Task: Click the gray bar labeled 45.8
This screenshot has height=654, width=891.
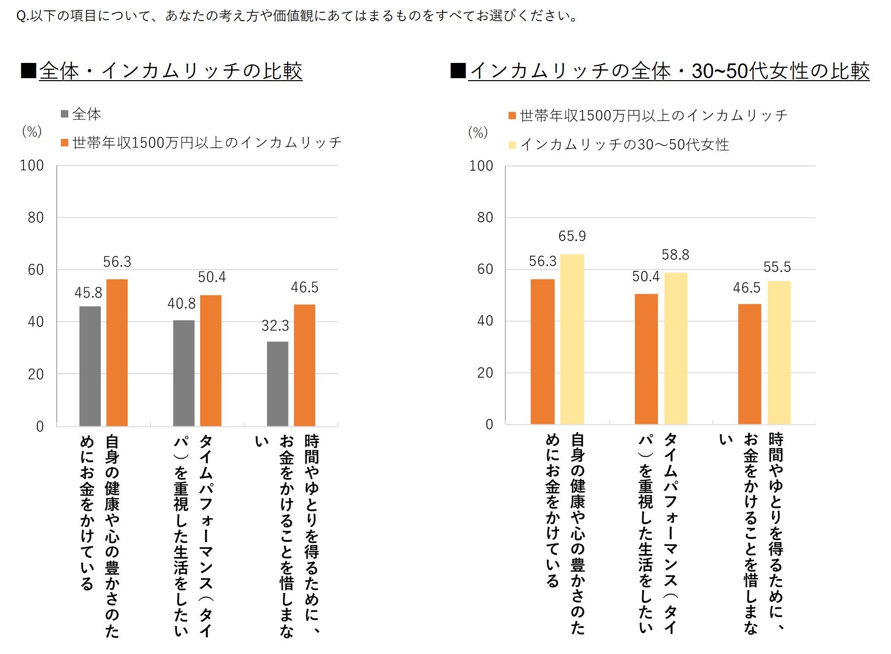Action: (90, 366)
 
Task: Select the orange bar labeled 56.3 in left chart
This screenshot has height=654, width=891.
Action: (117, 352)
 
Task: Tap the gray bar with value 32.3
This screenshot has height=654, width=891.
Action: (277, 384)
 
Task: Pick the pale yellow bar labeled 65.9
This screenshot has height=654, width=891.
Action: (572, 339)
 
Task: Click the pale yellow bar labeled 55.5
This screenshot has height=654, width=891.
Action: (779, 353)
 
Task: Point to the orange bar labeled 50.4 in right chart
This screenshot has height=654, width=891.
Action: (646, 359)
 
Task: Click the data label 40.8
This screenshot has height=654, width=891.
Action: (181, 304)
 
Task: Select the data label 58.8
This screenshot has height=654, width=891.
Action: (675, 255)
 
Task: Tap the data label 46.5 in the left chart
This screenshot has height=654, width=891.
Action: (304, 288)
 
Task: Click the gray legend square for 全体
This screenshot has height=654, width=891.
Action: (64, 114)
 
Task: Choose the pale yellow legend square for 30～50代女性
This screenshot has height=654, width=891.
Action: (512, 145)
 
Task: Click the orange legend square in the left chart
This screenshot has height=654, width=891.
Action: (64, 143)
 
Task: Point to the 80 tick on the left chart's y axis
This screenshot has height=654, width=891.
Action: (35, 217)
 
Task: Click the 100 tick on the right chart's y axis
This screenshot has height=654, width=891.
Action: (481, 166)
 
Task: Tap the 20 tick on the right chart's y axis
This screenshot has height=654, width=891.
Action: (485, 373)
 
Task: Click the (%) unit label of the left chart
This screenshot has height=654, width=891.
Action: (32, 131)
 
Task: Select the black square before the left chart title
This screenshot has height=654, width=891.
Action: (29, 71)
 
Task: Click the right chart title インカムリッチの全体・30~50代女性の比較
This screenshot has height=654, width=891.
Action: (669, 71)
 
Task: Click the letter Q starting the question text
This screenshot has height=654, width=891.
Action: (21, 16)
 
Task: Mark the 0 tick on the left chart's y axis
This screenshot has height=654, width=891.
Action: (40, 426)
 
